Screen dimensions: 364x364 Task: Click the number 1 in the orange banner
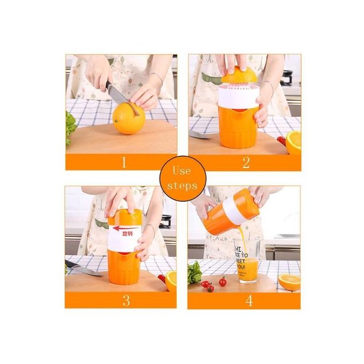124,163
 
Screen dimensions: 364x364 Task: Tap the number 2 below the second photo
246,163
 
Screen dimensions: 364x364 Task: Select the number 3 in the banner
126,300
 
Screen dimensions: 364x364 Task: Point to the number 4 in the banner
248,300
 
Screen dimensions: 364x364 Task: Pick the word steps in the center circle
181,186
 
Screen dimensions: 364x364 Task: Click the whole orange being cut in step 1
128,118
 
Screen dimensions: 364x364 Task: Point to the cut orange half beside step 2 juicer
293,142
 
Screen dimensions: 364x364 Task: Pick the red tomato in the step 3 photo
161,278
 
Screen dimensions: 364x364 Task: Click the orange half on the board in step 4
289,281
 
